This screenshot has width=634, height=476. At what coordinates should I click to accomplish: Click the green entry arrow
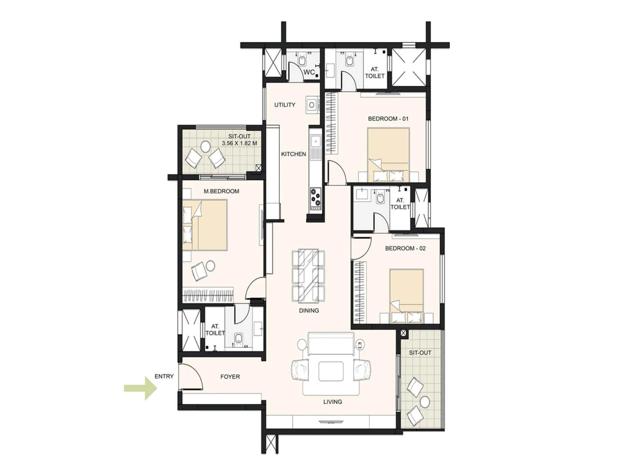coord(141,388)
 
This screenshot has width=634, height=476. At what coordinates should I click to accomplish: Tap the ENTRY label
coord(164,376)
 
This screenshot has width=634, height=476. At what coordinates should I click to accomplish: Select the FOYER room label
coord(230,376)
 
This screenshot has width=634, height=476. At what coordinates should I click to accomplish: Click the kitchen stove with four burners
coord(316,198)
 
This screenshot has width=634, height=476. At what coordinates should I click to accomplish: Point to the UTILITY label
coord(285,105)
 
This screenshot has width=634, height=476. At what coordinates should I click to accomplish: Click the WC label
coord(309,72)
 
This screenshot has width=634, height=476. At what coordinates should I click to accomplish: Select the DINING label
coord(309,311)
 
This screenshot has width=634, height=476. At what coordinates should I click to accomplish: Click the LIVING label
coord(332,402)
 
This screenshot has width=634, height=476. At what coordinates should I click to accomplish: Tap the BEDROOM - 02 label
coord(405,248)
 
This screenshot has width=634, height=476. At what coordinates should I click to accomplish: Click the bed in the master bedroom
coord(205,225)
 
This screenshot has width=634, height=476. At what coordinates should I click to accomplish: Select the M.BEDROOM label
coord(221,191)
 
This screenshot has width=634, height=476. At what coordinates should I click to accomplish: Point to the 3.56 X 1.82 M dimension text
coord(239,143)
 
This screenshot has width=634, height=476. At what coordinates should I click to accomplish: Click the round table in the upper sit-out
coord(206,146)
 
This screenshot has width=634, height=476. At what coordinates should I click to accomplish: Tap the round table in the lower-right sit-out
coord(425,401)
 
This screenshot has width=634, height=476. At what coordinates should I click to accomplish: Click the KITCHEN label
coord(294,154)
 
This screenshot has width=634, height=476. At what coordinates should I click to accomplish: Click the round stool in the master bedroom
coord(211,265)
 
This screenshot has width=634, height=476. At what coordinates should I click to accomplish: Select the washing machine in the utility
coord(312,105)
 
